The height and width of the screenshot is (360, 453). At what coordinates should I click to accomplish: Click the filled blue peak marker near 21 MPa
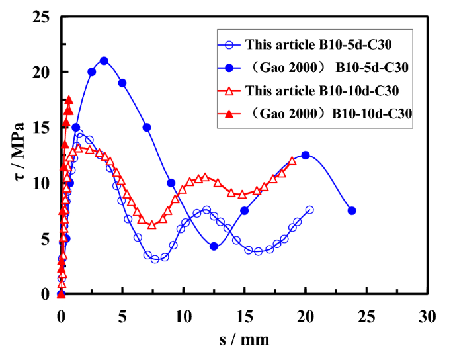tap(104, 60)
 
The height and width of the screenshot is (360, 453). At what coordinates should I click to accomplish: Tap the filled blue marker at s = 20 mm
tap(305, 155)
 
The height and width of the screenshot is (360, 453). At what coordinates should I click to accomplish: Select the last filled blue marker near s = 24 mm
tap(352, 210)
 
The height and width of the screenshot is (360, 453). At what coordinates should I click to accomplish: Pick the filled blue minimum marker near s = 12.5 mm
tap(214, 246)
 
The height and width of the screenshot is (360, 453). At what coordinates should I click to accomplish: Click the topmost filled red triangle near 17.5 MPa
tap(69, 100)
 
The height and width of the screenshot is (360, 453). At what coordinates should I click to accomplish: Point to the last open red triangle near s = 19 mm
tap(292, 161)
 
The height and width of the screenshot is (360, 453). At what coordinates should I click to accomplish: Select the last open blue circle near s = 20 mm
tap(309, 210)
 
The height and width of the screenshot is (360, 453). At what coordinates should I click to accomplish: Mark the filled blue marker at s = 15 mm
tap(244, 210)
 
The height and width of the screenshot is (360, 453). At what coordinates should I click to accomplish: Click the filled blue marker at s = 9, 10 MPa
tap(171, 183)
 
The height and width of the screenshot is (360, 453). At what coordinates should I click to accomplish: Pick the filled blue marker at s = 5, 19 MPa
tap(122, 83)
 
